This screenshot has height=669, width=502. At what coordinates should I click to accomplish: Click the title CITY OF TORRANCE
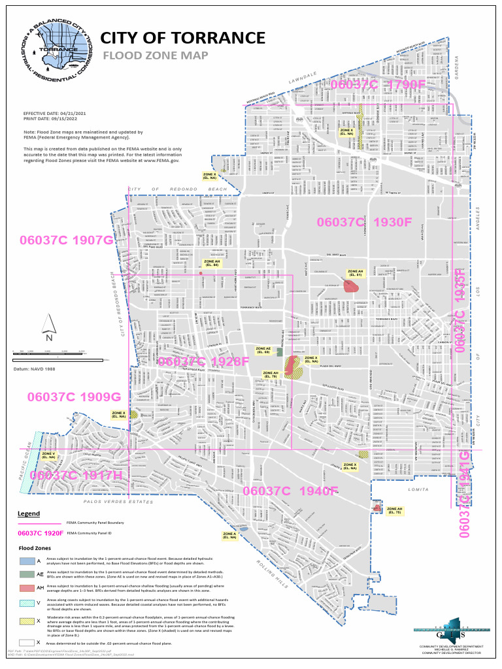coord(183,38)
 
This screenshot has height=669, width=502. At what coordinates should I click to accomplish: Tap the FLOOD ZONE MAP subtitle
coord(155,56)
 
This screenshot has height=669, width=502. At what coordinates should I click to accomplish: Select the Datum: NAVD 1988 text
coord(35,369)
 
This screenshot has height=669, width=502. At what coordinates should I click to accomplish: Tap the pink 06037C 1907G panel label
coord(67,240)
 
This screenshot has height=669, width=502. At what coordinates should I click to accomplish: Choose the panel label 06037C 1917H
coord(76,476)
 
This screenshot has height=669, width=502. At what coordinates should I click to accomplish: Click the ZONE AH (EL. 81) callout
coord(355,273)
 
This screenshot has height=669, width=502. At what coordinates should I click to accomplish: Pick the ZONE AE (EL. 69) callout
coord(263,350)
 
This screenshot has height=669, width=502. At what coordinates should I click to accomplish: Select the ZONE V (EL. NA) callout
coord(49,455)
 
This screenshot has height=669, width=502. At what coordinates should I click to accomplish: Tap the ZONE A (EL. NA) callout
coord(229,536)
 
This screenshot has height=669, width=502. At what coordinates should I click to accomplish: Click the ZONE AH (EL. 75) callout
coord(395,511)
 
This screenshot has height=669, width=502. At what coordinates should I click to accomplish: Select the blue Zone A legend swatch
coord(27,561)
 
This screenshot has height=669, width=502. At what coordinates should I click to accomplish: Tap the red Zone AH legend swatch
coord(27,588)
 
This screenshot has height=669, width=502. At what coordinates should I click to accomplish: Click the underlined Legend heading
coord(28,514)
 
